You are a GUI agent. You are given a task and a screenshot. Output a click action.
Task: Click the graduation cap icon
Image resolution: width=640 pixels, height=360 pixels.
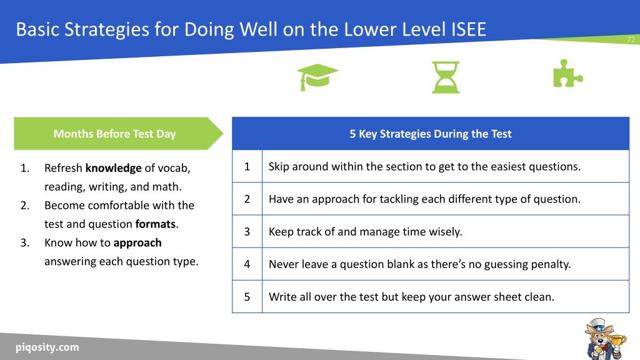pyautogui.click(x=317, y=77)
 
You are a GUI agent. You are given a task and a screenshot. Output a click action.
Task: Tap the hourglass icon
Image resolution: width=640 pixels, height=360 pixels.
pyautogui.click(x=446, y=77)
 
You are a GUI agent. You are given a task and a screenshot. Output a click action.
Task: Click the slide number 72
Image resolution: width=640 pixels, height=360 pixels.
pyautogui.click(x=631, y=40)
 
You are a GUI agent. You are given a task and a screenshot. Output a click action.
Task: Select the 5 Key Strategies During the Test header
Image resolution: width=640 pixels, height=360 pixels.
pyautogui.click(x=430, y=134)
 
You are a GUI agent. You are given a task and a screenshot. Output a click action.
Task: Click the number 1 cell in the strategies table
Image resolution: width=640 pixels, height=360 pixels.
pyautogui.click(x=247, y=167)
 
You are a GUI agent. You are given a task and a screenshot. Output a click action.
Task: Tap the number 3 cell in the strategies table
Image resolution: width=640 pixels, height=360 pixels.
pyautogui.click(x=247, y=232)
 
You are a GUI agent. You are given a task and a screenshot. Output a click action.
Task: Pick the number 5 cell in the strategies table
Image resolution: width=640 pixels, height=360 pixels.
pyautogui.click(x=247, y=297)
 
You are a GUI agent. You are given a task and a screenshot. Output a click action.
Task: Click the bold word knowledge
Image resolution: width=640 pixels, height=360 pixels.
pyautogui.click(x=113, y=168)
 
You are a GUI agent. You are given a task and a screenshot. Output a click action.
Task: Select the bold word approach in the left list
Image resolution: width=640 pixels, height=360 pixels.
pyautogui.click(x=137, y=242)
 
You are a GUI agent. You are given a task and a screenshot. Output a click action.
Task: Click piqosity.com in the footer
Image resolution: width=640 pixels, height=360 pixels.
pyautogui.click(x=47, y=347)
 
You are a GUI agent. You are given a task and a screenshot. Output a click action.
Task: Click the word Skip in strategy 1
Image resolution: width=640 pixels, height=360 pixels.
pyautogui.click(x=279, y=167)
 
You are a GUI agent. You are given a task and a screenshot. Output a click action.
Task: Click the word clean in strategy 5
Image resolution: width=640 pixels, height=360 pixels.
pyautogui.click(x=539, y=297)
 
